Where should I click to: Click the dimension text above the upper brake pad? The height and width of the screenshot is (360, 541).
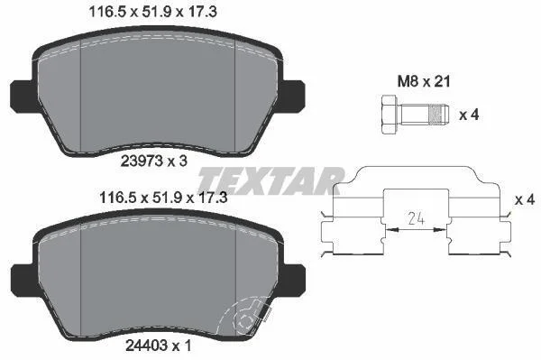pyautogui.click(x=153, y=12)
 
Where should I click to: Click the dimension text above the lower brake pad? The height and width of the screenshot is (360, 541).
pyautogui.click(x=163, y=198)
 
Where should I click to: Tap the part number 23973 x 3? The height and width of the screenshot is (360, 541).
pyautogui.click(x=154, y=161)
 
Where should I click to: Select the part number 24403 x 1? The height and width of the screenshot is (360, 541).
pyautogui.click(x=158, y=345)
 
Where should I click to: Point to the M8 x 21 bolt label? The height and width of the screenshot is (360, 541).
pyautogui.click(x=424, y=82)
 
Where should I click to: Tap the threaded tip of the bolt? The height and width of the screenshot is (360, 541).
pyautogui.click(x=438, y=115)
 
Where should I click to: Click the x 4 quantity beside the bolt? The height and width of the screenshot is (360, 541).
pyautogui.click(x=469, y=115)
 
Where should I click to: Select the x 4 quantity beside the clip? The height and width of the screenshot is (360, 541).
pyautogui.click(x=525, y=199)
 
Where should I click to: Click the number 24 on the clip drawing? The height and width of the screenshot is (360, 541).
pyautogui.click(x=416, y=218)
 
